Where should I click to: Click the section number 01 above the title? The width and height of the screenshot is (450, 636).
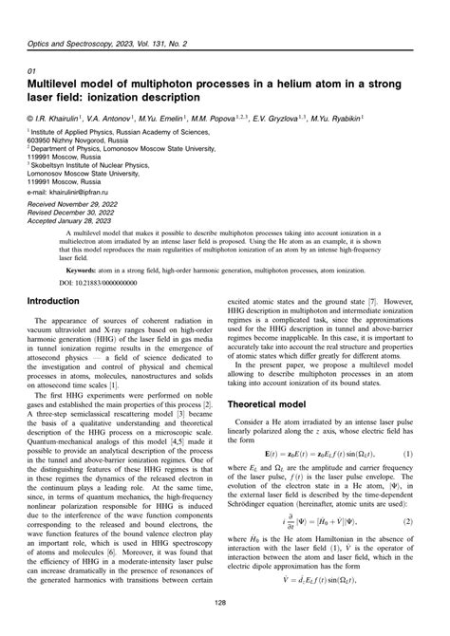coord(32,71)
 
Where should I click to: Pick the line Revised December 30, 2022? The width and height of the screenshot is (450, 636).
coord(80,214)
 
